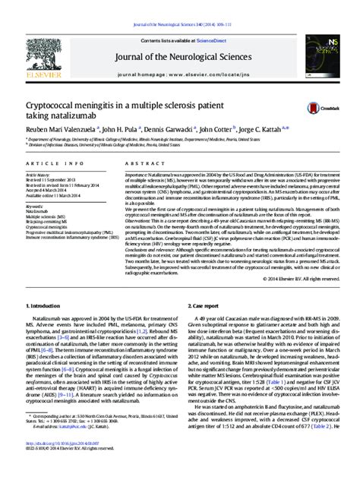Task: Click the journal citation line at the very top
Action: click(179, 6)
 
